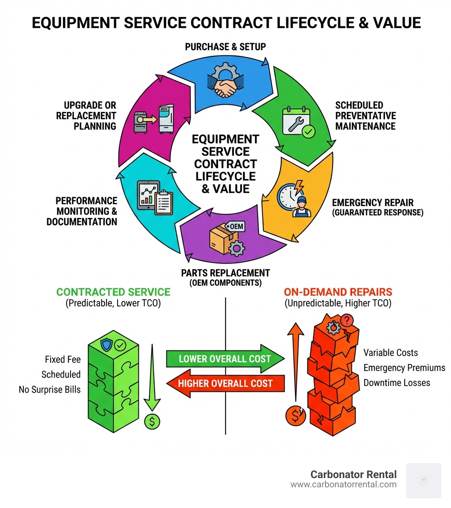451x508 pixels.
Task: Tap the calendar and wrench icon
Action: click(x=296, y=121)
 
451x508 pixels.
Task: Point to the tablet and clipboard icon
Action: click(x=154, y=197)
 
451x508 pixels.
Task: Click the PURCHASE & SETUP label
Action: click(x=225, y=46)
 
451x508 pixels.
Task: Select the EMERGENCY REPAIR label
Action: click(x=373, y=202)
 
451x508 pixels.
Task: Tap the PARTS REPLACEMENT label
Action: click(x=225, y=273)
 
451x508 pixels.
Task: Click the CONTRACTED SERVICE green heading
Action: click(x=113, y=292)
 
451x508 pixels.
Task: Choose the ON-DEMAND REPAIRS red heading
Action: click(x=337, y=292)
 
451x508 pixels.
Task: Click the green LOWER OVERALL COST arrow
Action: click(x=225, y=358)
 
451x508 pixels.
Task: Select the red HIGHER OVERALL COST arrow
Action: click(x=225, y=383)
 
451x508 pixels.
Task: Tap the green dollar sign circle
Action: click(x=152, y=422)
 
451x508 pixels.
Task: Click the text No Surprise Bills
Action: click(x=50, y=390)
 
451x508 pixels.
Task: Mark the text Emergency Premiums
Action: click(x=404, y=368)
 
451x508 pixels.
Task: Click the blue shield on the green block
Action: click(x=107, y=345)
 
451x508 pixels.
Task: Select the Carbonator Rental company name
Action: click(x=353, y=474)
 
